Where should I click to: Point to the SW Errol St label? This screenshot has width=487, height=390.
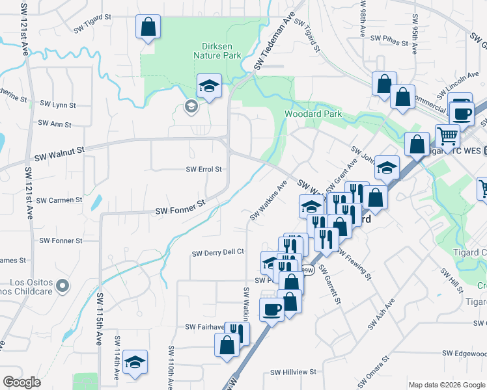click(x=204, y=169)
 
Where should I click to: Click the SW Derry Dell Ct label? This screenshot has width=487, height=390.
click(x=217, y=252)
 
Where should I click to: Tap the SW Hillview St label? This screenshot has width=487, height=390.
click(x=293, y=372)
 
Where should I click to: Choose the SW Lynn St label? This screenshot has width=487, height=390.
click(x=58, y=104)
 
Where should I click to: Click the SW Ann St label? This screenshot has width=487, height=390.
click(x=55, y=123)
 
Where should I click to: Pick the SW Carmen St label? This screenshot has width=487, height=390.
click(x=59, y=200)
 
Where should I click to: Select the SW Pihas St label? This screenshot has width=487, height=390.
click(x=387, y=39)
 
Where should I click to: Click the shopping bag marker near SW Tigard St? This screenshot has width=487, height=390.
click(x=148, y=27)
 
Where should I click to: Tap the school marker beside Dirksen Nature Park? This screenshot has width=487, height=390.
click(x=210, y=86)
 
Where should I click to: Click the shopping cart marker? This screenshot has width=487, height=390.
click(x=447, y=136)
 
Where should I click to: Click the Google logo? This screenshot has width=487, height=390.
click(x=21, y=382)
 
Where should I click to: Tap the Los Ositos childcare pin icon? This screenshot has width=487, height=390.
click(x=62, y=285)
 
